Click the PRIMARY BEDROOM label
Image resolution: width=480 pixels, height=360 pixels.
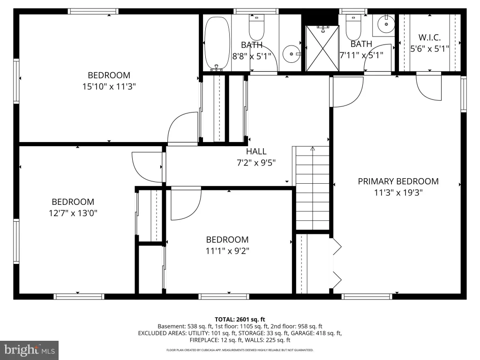click(398, 181)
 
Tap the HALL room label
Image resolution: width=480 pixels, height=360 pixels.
click(256, 151)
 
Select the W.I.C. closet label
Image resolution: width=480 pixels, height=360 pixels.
click(429, 37)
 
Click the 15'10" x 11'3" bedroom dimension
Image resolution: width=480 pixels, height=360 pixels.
click(109, 87)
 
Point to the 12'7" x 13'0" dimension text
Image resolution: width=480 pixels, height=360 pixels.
click(73, 213)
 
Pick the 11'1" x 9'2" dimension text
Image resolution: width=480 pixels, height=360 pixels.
click(227, 251)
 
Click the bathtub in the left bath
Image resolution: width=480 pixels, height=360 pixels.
click(217, 44)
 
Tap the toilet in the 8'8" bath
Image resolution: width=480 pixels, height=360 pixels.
click(256, 27)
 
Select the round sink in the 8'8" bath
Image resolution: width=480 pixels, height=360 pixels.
click(291, 54)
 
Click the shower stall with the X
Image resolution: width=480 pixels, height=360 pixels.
click(322, 48)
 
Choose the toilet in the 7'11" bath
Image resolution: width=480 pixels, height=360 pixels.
click(353, 27)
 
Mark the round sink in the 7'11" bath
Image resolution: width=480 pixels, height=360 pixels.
click(386, 23)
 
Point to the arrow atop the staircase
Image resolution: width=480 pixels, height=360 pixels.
click(313, 149)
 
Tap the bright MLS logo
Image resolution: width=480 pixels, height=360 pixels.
click(30, 350)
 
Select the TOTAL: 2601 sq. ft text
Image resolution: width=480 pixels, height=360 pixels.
click(240, 320)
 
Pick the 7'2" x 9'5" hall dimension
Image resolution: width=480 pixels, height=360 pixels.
click(256, 163)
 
